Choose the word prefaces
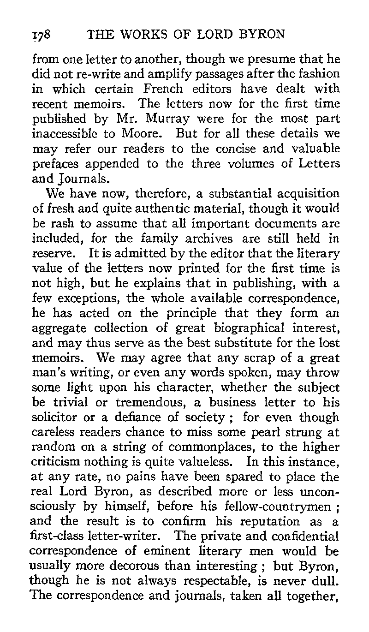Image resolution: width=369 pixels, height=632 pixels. click(x=58, y=163)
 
